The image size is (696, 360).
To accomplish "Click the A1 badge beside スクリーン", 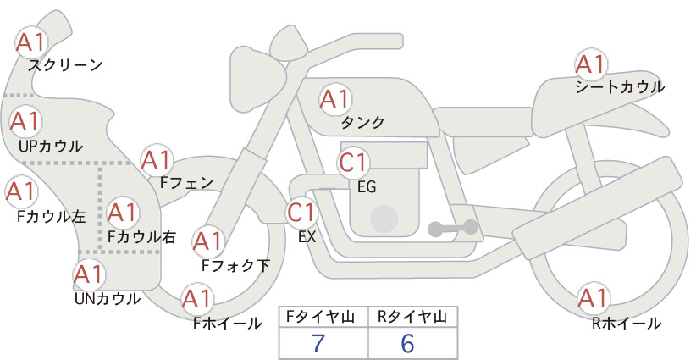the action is (x=31, y=42).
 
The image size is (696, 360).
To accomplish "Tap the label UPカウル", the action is (x=51, y=146).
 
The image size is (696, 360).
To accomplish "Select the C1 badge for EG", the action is (x=353, y=163).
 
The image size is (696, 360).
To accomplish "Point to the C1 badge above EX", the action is (x=301, y=212).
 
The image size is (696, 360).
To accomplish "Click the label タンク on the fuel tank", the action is (x=362, y=122).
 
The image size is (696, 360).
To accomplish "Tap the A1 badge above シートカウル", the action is (x=591, y=64).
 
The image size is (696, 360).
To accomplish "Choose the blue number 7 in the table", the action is (x=318, y=343).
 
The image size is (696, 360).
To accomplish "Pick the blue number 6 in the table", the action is (x=407, y=343).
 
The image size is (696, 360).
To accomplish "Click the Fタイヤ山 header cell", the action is (x=323, y=317).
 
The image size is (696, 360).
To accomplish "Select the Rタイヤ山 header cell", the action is (x=413, y=317).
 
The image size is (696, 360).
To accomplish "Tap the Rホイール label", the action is (x=627, y=324).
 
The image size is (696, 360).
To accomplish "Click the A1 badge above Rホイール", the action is (x=593, y=297).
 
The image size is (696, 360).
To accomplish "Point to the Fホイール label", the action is (x=228, y=324).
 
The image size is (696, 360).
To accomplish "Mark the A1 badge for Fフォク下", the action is (x=207, y=241).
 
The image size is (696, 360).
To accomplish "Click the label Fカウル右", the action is (x=141, y=236).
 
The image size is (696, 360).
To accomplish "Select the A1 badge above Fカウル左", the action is (x=21, y=191).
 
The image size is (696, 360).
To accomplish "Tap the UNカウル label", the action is (x=108, y=299).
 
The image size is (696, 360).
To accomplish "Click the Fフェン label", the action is (x=187, y=182).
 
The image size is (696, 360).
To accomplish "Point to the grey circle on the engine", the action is (x=384, y=219).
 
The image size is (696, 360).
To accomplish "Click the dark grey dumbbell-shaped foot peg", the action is (x=453, y=228).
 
